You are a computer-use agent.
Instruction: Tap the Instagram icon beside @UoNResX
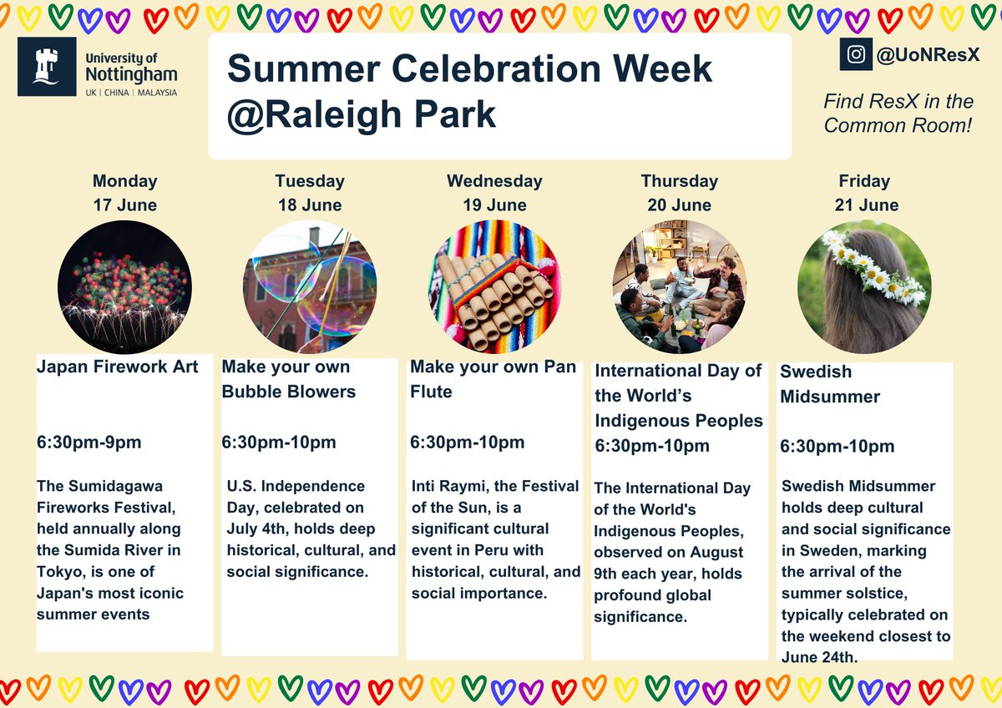point(856,55)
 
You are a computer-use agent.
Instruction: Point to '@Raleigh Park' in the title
point(361,115)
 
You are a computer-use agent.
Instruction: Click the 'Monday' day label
point(124,181)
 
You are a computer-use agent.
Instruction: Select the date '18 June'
point(309,205)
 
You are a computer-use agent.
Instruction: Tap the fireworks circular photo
point(125,287)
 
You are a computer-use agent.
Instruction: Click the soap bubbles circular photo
point(310,287)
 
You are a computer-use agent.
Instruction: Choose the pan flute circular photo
point(494,287)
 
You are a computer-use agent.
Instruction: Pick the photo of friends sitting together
point(678,287)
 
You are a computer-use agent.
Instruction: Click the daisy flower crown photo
point(863,287)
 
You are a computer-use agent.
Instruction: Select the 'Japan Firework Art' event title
point(118,367)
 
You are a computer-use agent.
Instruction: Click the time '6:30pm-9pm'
point(89,442)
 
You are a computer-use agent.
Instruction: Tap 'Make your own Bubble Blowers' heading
point(288,379)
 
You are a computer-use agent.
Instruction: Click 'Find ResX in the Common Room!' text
point(898,114)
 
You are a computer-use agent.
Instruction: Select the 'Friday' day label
point(864,181)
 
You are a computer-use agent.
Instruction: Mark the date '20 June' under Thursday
point(679,205)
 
